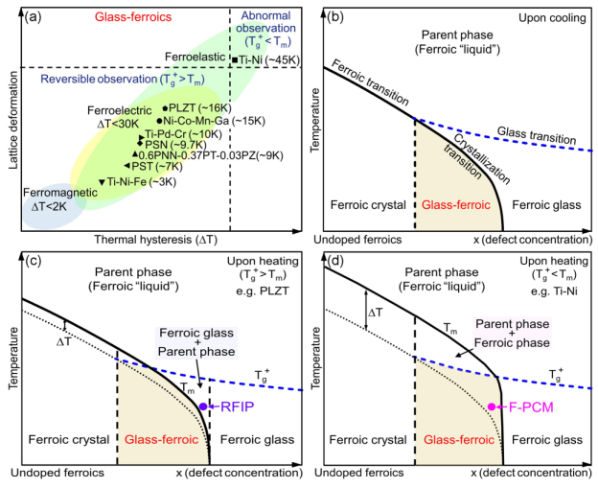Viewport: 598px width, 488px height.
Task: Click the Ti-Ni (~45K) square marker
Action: (235, 60)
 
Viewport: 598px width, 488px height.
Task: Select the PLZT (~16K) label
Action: (204, 108)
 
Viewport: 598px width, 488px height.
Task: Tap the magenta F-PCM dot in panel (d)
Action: (492, 407)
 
